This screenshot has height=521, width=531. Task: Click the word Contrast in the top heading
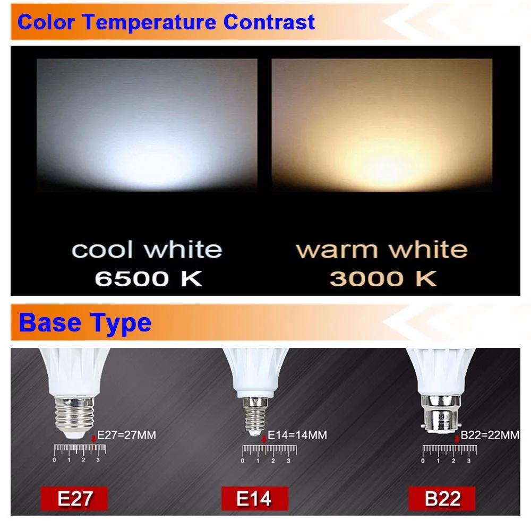[x=269, y=22]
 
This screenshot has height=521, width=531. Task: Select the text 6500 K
[x=148, y=279]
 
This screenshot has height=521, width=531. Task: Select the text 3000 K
[x=383, y=279]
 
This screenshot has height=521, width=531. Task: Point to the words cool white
[x=147, y=250]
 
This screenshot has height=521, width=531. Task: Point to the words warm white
[x=381, y=250]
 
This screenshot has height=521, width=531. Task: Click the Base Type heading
[x=85, y=323]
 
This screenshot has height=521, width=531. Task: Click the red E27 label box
[x=75, y=499]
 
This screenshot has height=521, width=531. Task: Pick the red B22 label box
[x=442, y=499]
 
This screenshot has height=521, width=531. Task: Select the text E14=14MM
[x=297, y=435]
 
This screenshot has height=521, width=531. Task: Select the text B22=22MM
[x=490, y=435]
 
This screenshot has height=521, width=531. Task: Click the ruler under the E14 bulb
[x=269, y=450]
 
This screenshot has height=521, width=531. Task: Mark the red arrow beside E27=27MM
[x=95, y=438]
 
